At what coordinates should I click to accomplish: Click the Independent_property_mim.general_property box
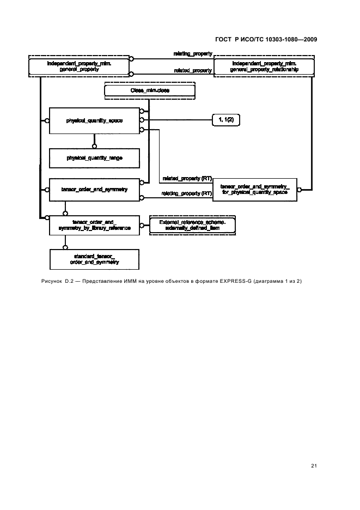[x=80, y=67]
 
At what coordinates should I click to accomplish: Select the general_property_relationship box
[x=264, y=67]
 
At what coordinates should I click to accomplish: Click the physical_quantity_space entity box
[x=95, y=120]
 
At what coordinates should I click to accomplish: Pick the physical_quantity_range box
[x=95, y=157]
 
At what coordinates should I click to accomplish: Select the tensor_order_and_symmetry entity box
[x=95, y=189]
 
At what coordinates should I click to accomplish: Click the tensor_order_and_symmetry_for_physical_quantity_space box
[x=255, y=189]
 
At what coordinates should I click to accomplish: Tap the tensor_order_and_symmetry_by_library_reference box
[x=95, y=224]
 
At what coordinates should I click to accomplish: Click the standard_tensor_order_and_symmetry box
[x=95, y=259]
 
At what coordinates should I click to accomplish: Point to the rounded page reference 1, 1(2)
[x=225, y=119]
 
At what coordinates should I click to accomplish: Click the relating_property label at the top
[x=193, y=54]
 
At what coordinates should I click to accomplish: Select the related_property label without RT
[x=193, y=71]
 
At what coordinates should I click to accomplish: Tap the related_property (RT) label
[x=187, y=178]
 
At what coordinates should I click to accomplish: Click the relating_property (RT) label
[x=187, y=193]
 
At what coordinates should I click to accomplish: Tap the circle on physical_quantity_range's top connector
[x=95, y=145]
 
